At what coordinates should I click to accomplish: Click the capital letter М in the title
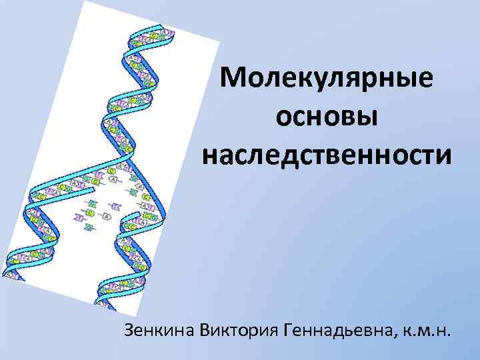[235, 81]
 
